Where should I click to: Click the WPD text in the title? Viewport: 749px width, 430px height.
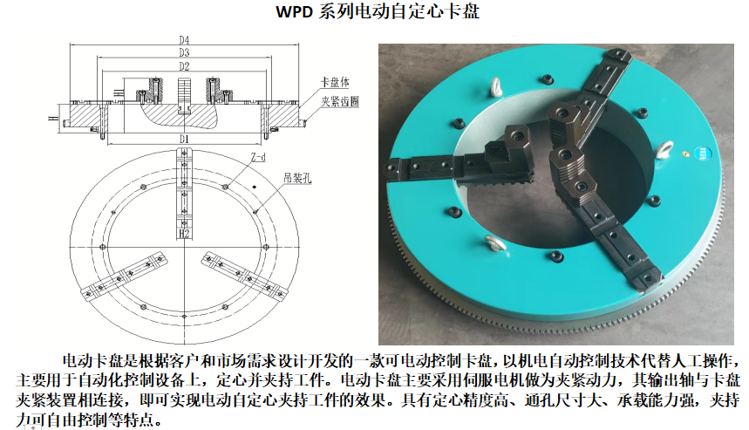tap(294, 11)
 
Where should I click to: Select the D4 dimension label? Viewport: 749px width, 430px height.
tap(184, 39)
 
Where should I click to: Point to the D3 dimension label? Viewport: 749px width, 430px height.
tap(184, 52)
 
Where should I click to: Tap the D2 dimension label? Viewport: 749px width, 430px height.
tap(184, 66)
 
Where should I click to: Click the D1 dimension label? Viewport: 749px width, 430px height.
tap(184, 139)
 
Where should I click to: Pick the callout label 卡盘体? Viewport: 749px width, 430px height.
tap(335, 82)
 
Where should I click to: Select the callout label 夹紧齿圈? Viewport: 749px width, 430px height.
tap(340, 101)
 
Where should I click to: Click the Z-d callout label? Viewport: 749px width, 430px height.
tap(258, 157)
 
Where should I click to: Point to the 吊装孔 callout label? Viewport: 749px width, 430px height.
tap(297, 178)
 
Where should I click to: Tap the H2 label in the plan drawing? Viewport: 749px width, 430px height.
tap(184, 234)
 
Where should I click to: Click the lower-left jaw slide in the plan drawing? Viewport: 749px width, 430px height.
tap(125, 276)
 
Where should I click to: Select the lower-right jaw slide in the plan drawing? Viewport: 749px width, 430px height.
tap(244, 276)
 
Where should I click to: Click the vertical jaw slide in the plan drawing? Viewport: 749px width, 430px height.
tap(184, 194)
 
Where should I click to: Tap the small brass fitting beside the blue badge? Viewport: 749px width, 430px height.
tap(685, 154)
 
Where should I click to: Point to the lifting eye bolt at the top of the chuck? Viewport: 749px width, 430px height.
tap(495, 88)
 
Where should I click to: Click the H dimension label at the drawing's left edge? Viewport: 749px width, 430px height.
tap(51, 118)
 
